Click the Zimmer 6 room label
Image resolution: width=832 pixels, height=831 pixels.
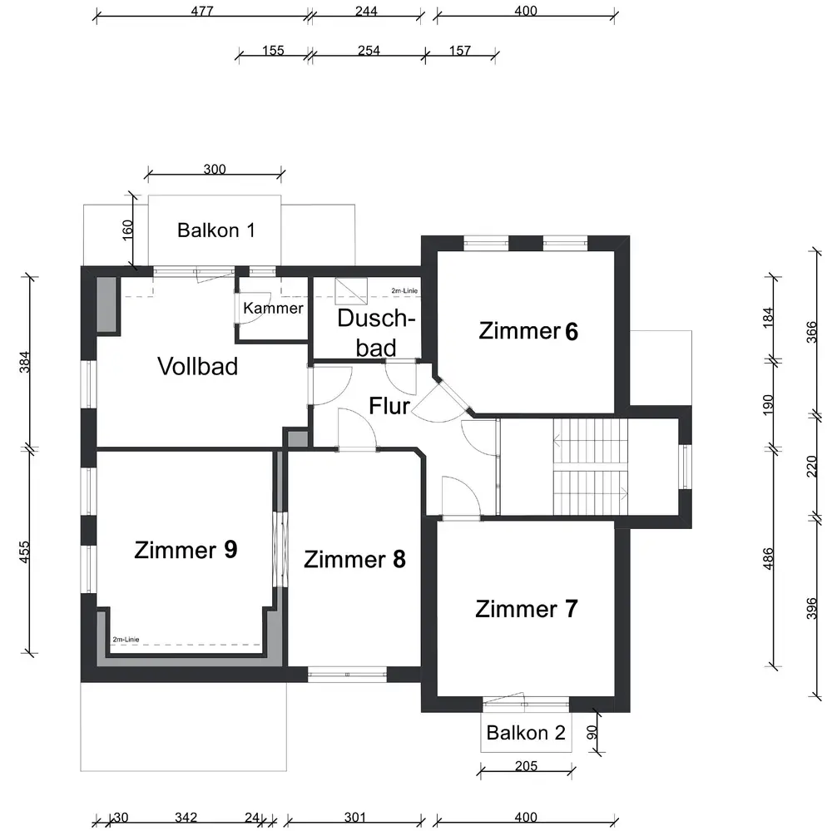[528, 331]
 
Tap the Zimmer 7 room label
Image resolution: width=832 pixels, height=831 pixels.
[526, 609]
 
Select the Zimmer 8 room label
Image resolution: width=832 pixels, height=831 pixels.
[354, 559]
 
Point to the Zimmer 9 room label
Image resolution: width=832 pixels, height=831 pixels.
[186, 550]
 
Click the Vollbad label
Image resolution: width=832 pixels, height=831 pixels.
[197, 366]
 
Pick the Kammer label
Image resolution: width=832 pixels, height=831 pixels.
[273, 308]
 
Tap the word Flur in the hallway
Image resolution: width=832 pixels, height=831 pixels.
[389, 406]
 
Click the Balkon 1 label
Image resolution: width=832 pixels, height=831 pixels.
[216, 230]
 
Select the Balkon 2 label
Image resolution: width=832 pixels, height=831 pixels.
[525, 733]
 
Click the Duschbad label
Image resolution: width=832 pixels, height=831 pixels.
[376, 333]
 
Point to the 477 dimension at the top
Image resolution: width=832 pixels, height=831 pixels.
[202, 11]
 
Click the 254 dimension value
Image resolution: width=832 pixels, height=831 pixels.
[369, 51]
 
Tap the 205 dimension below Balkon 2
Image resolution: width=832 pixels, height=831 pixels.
[526, 766]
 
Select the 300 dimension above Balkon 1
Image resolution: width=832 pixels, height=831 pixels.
[215, 170]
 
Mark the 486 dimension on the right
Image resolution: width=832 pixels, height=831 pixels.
[768, 559]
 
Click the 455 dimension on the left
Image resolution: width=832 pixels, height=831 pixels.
[24, 552]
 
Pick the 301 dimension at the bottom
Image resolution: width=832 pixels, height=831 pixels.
[354, 817]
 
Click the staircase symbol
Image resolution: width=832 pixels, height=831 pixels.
[590, 467]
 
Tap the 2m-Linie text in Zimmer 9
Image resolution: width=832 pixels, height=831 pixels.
[126, 640]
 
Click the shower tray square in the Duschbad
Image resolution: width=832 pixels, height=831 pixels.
[351, 291]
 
